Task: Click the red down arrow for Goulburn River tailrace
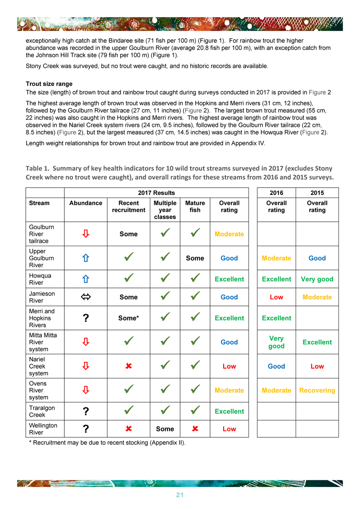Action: pyautogui.click(x=85, y=234)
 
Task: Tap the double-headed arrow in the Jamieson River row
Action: pyautogui.click(x=85, y=297)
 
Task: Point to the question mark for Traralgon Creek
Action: pyautogui.click(x=85, y=411)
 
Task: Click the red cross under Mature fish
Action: pyautogui.click(x=195, y=429)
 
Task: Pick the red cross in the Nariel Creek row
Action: pyautogui.click(x=128, y=366)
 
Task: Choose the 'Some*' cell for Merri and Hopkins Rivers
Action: pyautogui.click(x=128, y=318)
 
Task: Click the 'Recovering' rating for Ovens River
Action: pyautogui.click(x=317, y=390)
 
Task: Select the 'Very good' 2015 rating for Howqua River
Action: pyautogui.click(x=317, y=279)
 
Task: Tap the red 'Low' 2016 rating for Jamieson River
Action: pyautogui.click(x=276, y=297)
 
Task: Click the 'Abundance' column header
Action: pyautogui.click(x=85, y=203)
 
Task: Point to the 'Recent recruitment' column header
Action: pyautogui.click(x=128, y=206)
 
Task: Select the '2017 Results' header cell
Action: pyautogui.click(x=156, y=193)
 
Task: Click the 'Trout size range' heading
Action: pyautogui.click(x=49, y=84)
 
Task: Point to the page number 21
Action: pyautogui.click(x=180, y=495)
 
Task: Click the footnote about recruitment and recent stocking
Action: pyautogui.click(x=107, y=442)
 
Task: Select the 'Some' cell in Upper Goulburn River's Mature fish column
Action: pyautogui.click(x=195, y=258)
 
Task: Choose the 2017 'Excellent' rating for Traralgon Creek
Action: pyautogui.click(x=229, y=411)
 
